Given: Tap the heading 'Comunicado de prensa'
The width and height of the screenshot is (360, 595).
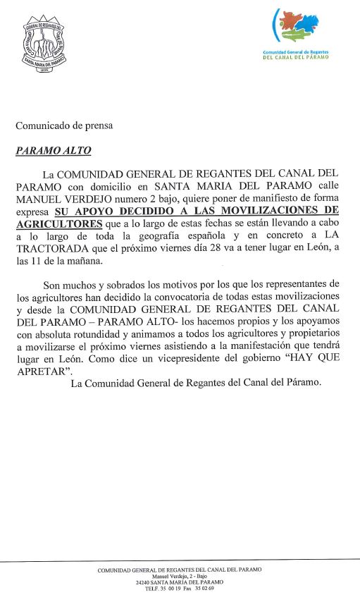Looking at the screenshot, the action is tap(64, 125).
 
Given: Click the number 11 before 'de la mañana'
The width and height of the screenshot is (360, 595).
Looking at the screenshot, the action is tap(51, 261).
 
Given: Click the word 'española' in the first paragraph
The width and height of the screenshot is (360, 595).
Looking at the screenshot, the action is tap(199, 235).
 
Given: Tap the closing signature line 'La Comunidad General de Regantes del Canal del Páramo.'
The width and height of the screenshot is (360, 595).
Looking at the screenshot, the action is tap(196, 383).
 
